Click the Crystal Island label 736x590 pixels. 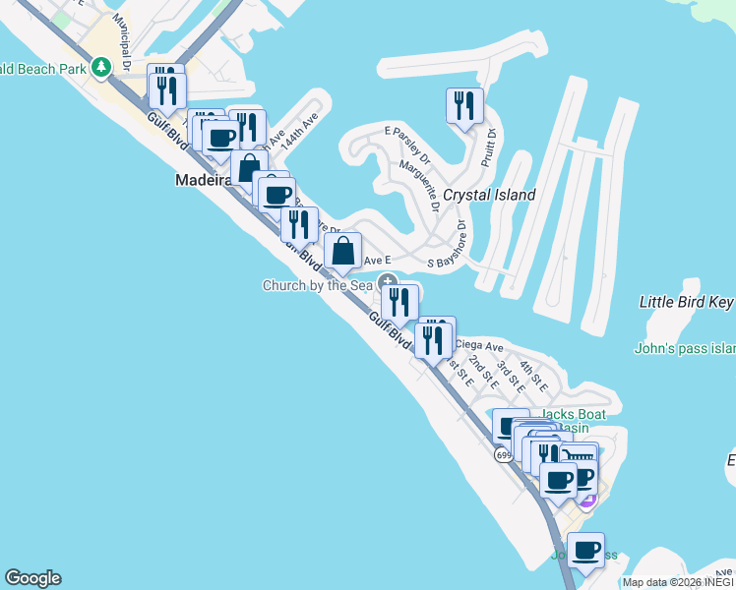[x=489, y=195]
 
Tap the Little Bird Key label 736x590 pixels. [x=687, y=302]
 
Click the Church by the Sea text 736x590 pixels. [x=317, y=285]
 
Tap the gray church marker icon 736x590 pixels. [x=388, y=282]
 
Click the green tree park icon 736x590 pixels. [x=100, y=68]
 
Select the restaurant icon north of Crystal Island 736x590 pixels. [x=463, y=105]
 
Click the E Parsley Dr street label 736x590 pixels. [x=408, y=144]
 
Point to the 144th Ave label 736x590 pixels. [x=298, y=130]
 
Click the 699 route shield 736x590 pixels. [x=504, y=455]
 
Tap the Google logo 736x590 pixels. [x=32, y=578]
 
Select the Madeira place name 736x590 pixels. [x=203, y=180]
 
